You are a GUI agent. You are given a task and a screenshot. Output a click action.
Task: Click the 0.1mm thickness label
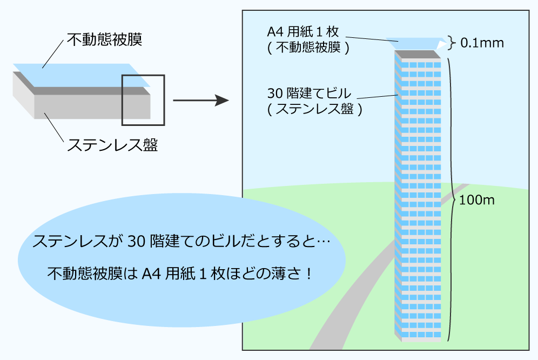click(x=482, y=43)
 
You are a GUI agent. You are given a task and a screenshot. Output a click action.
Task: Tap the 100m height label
click(x=477, y=200)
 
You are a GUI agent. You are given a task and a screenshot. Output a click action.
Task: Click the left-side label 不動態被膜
click(x=104, y=39)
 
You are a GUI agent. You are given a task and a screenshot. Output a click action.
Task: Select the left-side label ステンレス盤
click(x=112, y=145)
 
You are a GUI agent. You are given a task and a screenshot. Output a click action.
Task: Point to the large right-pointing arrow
click(x=201, y=101)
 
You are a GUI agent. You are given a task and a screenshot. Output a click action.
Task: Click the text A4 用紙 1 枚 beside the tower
click(x=303, y=32)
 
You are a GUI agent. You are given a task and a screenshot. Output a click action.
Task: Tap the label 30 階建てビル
click(x=309, y=93)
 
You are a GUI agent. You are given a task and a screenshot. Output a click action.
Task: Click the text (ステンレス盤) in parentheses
click(x=314, y=109)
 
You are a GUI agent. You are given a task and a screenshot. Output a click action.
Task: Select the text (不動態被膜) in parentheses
click(x=308, y=48)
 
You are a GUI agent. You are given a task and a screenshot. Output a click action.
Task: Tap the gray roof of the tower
click(x=417, y=54)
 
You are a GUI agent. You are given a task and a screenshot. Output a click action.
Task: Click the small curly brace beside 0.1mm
click(x=452, y=43)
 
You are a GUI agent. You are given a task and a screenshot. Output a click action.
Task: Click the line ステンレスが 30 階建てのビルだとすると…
click(x=181, y=242)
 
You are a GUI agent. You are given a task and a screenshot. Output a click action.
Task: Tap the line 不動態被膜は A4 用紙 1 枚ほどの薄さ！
click(x=180, y=274)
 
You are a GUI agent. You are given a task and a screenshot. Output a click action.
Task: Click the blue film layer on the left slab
click(x=82, y=75)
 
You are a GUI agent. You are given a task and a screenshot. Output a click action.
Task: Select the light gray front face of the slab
click(x=92, y=107)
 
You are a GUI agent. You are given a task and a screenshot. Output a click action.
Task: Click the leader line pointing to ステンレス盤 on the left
click(x=54, y=127)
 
